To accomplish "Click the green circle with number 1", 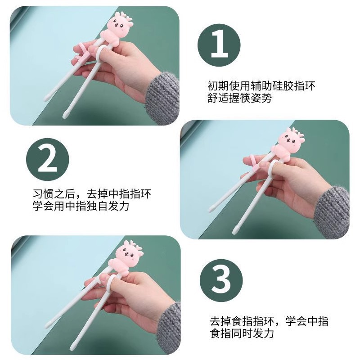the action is coord(219,45).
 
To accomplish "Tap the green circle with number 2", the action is coord(47,159).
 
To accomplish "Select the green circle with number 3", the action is coord(221,280).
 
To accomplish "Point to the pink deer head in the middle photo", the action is coord(292,139).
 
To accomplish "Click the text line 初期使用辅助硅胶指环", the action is coord(261,86).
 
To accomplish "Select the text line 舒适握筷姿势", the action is coord(240,98).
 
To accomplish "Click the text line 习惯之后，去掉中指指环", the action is coord(92,194).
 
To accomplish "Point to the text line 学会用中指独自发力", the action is coord(81,206).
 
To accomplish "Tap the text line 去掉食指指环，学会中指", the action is coord(269,321).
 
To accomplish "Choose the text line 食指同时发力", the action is coord(242,333).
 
